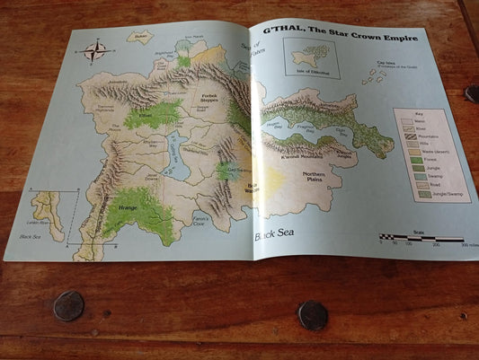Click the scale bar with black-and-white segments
point(422,238)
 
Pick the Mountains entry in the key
point(412,136)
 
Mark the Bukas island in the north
point(139,39)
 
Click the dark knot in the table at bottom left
point(68,306)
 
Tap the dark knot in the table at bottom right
point(312,314)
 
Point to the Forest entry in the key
point(412,163)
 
